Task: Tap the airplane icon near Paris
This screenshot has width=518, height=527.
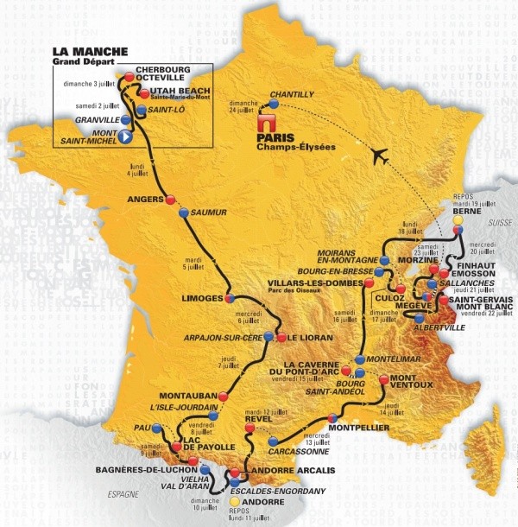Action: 378,156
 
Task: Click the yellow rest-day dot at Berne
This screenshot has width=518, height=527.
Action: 458,219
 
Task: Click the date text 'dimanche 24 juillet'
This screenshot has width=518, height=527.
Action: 244,104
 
